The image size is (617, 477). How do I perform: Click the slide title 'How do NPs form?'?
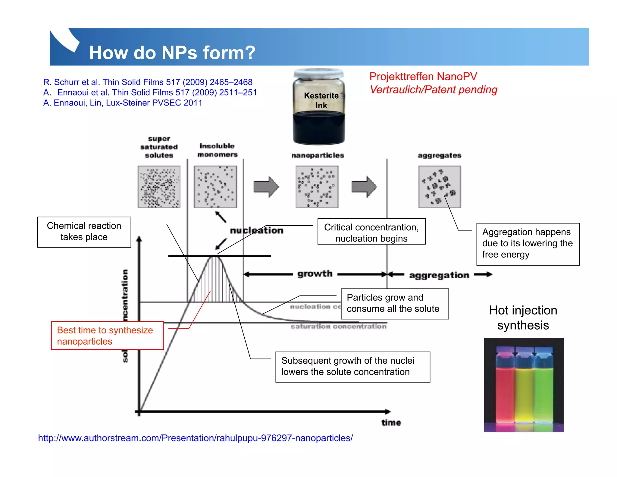pos(172,53)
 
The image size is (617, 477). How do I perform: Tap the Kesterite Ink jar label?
pos(321,100)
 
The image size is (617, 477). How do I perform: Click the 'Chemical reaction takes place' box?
pos(84,232)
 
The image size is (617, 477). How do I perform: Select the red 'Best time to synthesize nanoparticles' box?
pos(107,336)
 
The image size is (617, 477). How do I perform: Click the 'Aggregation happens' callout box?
pos(528,244)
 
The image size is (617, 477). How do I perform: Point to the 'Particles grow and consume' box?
pos(394,304)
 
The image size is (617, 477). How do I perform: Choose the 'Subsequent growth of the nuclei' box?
pos(352,366)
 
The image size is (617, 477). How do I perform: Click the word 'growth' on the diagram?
pos(315,274)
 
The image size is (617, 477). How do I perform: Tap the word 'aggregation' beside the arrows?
pos(439,275)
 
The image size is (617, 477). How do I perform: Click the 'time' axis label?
pos(391,423)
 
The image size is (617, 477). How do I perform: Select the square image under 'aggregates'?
pos(439,187)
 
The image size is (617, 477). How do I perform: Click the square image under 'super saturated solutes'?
pos(159,187)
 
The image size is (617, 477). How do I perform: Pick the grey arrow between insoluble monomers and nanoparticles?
pos(266,187)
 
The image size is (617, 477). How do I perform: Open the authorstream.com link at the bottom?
pos(195,438)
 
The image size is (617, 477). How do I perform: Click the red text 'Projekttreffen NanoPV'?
pos(423,77)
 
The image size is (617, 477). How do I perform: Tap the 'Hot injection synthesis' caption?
pos(523,318)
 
